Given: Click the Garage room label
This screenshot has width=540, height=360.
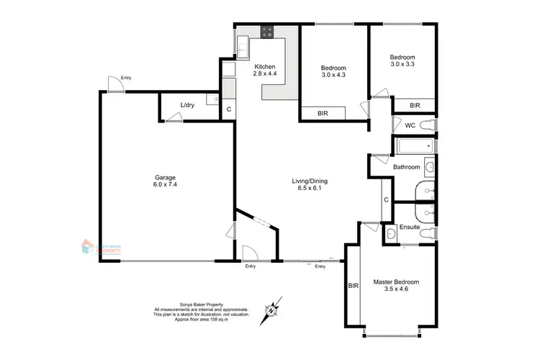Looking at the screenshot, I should click(164, 177).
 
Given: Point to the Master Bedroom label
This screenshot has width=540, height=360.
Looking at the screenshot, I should click(395, 282).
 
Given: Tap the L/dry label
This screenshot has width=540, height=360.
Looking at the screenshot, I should click(187, 106).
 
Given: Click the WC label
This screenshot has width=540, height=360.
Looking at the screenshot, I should click(410, 125).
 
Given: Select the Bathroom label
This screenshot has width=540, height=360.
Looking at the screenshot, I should click(406, 167).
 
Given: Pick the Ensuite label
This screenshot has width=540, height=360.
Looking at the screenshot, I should click(410, 227).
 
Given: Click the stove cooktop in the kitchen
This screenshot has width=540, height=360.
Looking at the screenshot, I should click(267, 32).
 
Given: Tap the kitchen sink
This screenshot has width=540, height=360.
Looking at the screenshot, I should click(243, 47).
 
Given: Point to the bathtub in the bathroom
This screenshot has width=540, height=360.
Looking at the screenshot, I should click(414, 148).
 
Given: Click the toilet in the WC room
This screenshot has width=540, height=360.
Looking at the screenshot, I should click(428, 125).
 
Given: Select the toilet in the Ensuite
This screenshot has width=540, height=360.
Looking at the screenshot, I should click(428, 234).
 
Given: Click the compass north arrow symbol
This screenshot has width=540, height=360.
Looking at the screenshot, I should click(272, 310).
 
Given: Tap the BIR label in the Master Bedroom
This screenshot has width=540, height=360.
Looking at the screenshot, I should click(353, 286).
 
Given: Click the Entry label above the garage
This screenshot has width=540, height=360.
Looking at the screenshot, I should click(126, 78).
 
